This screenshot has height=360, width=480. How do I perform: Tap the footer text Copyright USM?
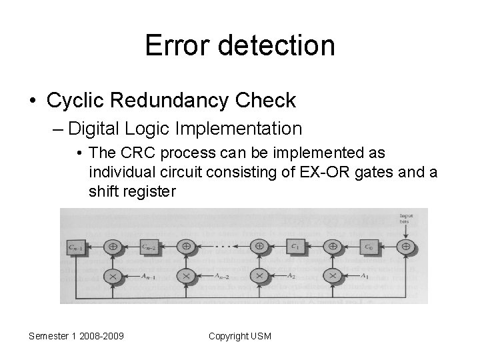(x=240, y=336)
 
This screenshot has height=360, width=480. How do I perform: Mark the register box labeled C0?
(x=368, y=247)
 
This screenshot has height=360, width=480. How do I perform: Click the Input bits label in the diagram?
(x=406, y=219)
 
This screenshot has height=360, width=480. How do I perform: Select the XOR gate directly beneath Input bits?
(x=405, y=247)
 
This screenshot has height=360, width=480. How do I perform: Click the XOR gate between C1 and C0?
(x=331, y=247)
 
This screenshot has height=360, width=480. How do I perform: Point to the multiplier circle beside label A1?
(x=331, y=274)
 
